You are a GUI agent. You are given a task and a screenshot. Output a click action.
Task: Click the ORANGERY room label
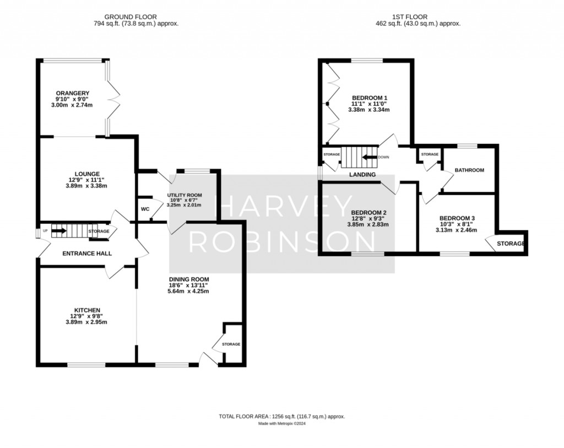click(x=72, y=93)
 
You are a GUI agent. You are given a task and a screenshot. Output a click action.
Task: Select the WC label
click(x=145, y=209)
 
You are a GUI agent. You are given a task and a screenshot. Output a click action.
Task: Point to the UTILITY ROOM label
click(x=185, y=195)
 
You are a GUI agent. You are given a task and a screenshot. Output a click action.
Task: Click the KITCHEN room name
click(x=87, y=310)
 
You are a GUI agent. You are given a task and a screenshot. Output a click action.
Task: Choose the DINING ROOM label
click(x=189, y=279)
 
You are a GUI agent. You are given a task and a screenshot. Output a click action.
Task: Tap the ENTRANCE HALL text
click(x=87, y=253)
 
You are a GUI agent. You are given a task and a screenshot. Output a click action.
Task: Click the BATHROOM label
click(x=469, y=170)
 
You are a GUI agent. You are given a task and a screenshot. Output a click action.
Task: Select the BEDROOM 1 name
click(x=370, y=98)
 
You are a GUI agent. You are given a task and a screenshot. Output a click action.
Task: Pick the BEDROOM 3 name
click(x=457, y=218)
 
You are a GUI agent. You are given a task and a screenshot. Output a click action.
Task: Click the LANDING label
click(x=362, y=175)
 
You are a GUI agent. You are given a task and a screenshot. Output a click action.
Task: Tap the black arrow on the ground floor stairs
click(x=59, y=231)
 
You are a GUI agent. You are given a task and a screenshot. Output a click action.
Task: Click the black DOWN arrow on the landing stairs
click(x=370, y=157)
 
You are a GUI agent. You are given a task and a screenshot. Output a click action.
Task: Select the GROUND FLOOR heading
click(x=131, y=17)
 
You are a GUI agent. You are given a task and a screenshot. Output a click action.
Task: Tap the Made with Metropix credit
click(x=282, y=424)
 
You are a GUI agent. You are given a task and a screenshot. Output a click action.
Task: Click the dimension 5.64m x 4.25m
click(x=188, y=291)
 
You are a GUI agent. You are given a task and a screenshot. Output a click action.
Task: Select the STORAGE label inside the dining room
click(x=231, y=344)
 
